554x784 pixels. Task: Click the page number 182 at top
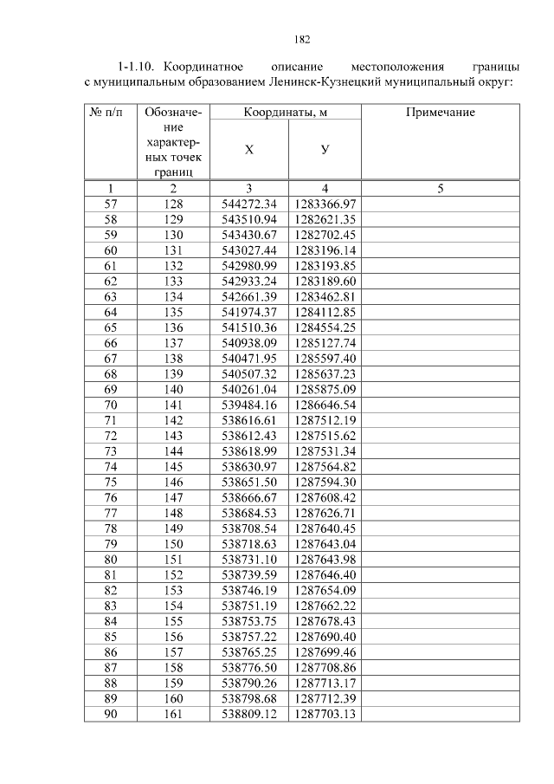(x=302, y=39)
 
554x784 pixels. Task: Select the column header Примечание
(x=440, y=113)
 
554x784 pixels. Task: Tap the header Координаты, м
(x=287, y=113)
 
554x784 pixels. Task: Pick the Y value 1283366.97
(x=325, y=204)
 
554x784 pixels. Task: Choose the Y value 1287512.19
(x=325, y=420)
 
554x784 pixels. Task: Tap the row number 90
(x=110, y=714)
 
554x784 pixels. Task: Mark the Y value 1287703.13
(x=325, y=714)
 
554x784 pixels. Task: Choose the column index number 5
(x=440, y=188)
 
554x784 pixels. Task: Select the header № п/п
(x=110, y=113)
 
